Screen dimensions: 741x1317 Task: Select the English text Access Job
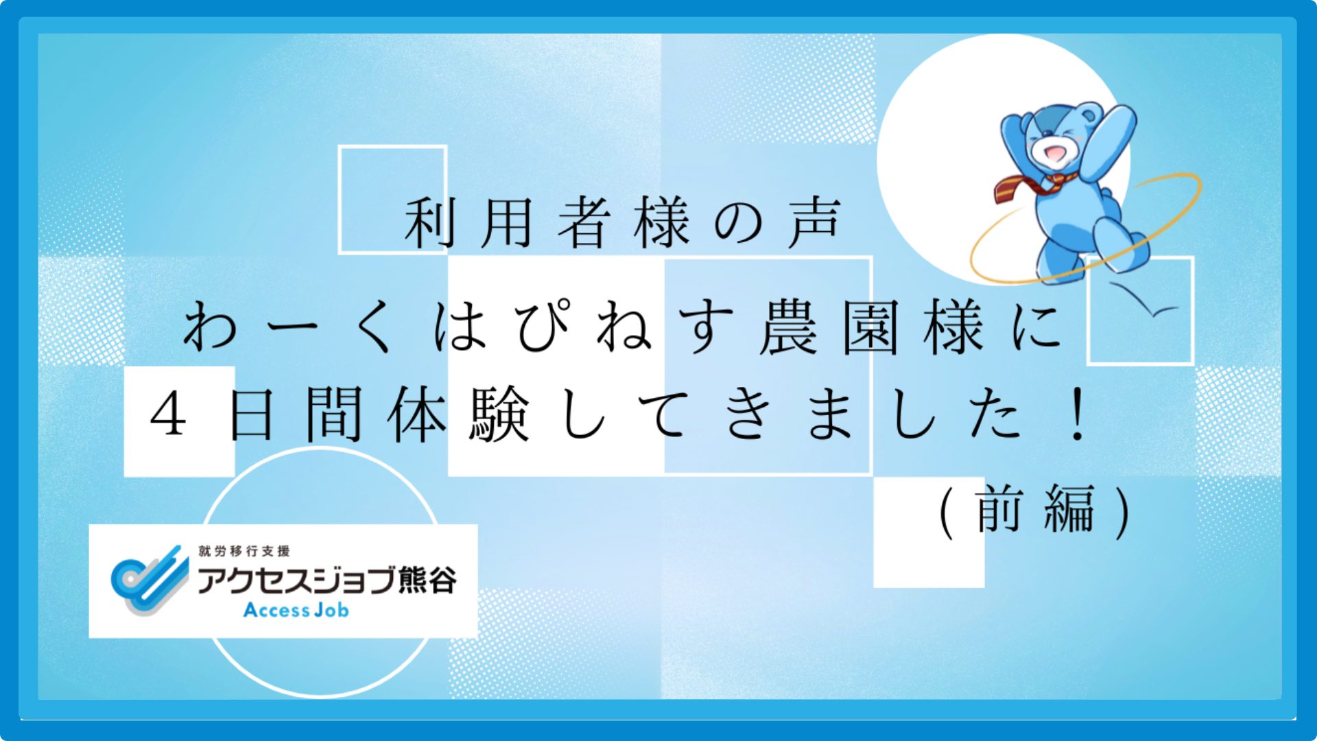(x=296, y=610)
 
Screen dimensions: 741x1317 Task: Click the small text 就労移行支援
(x=244, y=551)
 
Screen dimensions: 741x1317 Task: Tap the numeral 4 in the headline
(x=169, y=414)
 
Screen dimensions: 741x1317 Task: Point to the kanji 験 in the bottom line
(x=499, y=414)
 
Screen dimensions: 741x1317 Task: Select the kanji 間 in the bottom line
(x=334, y=414)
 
